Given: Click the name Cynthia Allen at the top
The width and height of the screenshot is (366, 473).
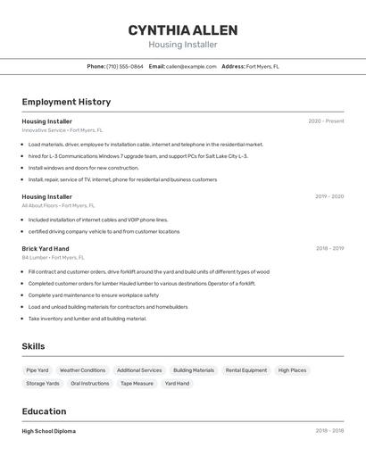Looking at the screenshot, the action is click(x=182, y=29).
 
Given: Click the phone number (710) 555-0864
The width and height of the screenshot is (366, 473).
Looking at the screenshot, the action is click(x=124, y=66).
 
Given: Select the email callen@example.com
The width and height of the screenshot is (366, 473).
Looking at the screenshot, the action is click(x=191, y=66).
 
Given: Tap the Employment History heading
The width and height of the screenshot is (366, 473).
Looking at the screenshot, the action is click(x=66, y=102).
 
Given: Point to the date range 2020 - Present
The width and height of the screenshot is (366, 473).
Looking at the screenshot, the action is click(x=326, y=121).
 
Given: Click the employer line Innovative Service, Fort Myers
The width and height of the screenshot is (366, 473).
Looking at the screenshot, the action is click(x=62, y=130).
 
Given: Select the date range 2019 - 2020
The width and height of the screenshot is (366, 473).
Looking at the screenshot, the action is click(x=329, y=196).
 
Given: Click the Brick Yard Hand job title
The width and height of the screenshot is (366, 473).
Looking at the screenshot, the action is click(x=46, y=249).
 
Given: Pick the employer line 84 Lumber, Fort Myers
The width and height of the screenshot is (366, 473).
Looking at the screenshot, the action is click(x=54, y=258).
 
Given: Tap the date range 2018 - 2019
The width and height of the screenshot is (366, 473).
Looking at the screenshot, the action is click(x=329, y=249).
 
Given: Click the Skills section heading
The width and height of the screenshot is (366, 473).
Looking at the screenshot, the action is click(x=33, y=346).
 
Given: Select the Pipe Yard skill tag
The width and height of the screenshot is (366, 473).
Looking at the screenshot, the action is click(x=37, y=370).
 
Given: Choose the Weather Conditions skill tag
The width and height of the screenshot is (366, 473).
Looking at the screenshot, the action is click(x=82, y=370).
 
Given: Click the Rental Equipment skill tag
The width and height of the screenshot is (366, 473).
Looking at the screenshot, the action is click(x=245, y=370).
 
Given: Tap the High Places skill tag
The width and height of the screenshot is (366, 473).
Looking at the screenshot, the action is click(x=292, y=370).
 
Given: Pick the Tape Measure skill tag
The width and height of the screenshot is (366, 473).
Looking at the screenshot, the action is click(x=137, y=384).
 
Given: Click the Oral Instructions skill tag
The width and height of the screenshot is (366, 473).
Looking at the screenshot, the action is click(x=90, y=384).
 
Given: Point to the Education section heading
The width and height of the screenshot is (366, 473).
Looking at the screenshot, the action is click(x=44, y=411).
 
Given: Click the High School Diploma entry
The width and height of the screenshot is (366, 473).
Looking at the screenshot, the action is click(x=49, y=431).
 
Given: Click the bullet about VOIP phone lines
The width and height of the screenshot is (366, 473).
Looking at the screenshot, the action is click(x=98, y=220).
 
